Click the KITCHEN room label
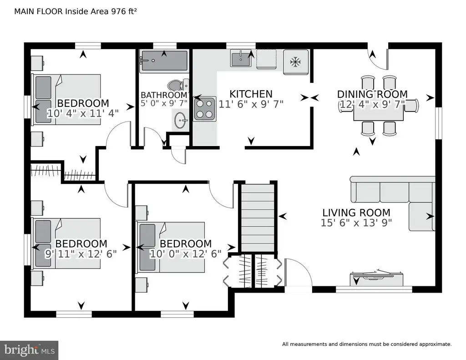[x=251, y=94]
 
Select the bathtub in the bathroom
[x=164, y=61]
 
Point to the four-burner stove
[x=204, y=109]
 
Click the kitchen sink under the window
[x=241, y=58]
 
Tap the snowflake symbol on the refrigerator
[x=295, y=62]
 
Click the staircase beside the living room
[x=258, y=218]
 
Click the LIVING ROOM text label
[x=356, y=213]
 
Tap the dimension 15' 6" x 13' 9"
[x=356, y=223]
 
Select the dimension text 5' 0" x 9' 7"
[x=164, y=103]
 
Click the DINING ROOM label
[x=372, y=94]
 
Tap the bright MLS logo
[x=29, y=350]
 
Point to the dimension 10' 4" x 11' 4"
[x=83, y=113]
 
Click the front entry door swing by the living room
[x=298, y=272]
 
